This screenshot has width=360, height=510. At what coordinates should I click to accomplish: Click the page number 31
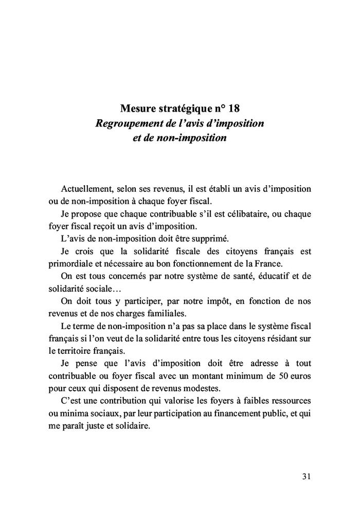(x=306, y=476)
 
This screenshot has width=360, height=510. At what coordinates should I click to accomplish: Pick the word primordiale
(x=70, y=263)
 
